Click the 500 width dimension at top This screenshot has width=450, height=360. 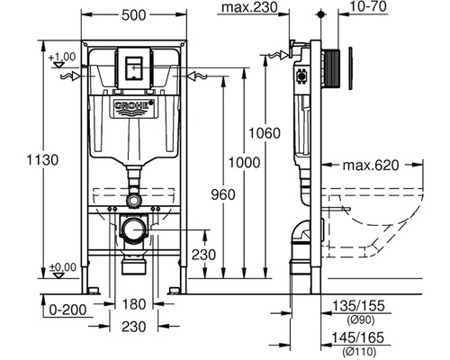pyautogui.click(x=134, y=15)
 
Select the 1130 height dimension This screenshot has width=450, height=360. pyautogui.click(x=42, y=160)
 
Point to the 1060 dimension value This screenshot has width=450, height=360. pyautogui.click(x=265, y=133)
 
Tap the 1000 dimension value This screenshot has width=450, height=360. pyautogui.click(x=244, y=163)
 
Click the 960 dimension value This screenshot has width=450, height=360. pyautogui.click(x=223, y=194)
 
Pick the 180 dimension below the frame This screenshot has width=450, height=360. pyautogui.click(x=134, y=304)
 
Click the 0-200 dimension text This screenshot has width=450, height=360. pyautogui.click(x=67, y=310)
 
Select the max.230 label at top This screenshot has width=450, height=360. pyautogui.click(x=249, y=7)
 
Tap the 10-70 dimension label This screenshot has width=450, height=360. pyautogui.click(x=368, y=6)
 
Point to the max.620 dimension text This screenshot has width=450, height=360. pyautogui.click(x=371, y=165)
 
